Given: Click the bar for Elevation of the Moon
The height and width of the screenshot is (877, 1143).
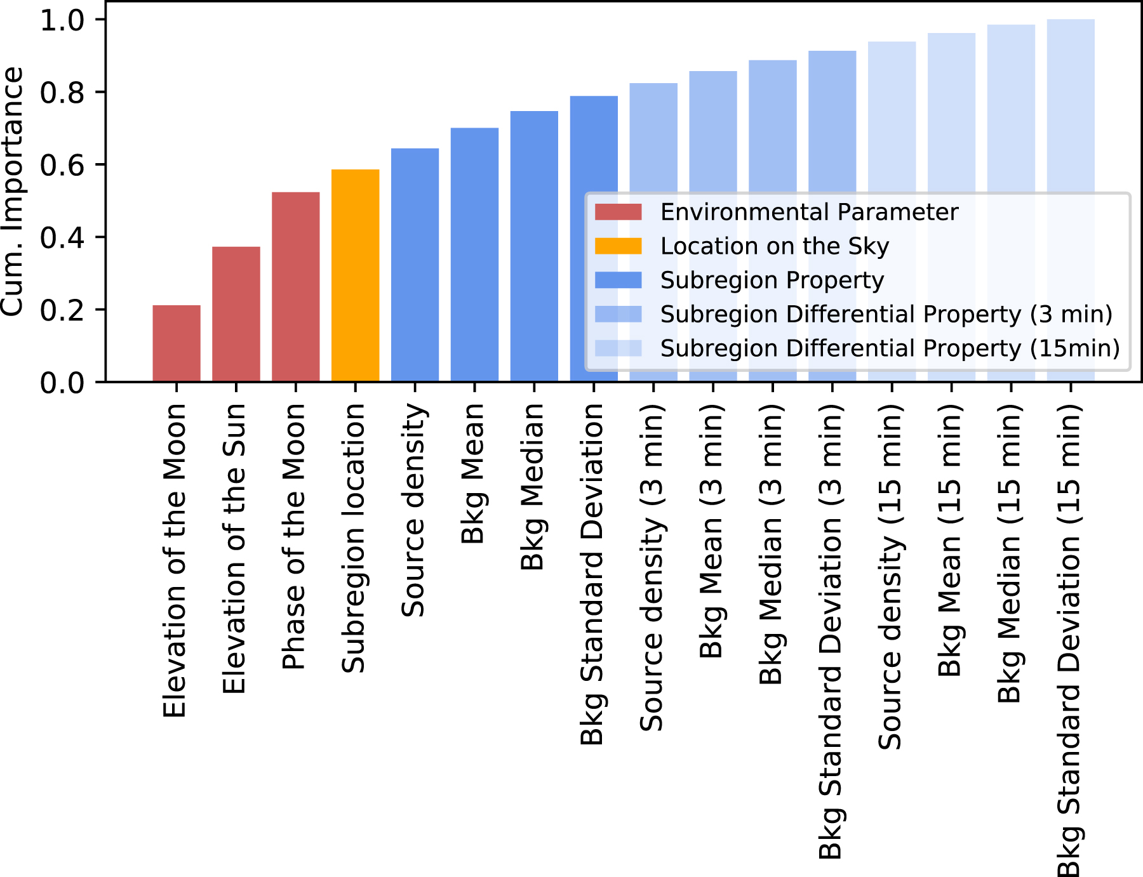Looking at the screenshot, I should (x=177, y=343).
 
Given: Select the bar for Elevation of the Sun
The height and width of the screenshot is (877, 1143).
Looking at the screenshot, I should (x=236, y=314).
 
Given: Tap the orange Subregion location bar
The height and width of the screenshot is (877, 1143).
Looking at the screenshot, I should (x=356, y=275).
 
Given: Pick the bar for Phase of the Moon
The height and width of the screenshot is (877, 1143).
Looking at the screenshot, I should (x=296, y=287).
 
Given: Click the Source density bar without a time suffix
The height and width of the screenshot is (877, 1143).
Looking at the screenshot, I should (x=415, y=265).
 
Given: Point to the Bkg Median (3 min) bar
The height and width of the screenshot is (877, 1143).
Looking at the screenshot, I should (x=773, y=127).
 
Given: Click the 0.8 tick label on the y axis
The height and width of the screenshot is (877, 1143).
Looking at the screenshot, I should (x=62, y=93).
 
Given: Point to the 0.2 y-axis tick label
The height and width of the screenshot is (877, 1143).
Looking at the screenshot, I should (x=62, y=310).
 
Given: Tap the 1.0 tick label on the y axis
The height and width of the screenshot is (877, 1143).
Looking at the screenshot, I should (x=62, y=20).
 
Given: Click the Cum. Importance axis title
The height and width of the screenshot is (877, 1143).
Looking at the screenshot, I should (x=13, y=190).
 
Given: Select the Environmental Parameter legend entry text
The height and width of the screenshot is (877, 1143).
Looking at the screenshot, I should (x=809, y=212).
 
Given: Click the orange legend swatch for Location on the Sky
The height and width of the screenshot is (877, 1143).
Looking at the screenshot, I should (x=618, y=246).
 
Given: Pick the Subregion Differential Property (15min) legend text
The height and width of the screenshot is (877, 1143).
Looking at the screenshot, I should (x=890, y=348).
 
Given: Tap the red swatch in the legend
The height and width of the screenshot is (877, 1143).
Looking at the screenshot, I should (x=618, y=212).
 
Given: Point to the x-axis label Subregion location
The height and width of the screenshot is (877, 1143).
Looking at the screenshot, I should (x=354, y=538).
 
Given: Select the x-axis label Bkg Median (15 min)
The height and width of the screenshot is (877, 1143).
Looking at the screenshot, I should (x=1010, y=553).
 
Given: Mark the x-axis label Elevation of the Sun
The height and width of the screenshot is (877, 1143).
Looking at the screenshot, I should (x=235, y=549).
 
